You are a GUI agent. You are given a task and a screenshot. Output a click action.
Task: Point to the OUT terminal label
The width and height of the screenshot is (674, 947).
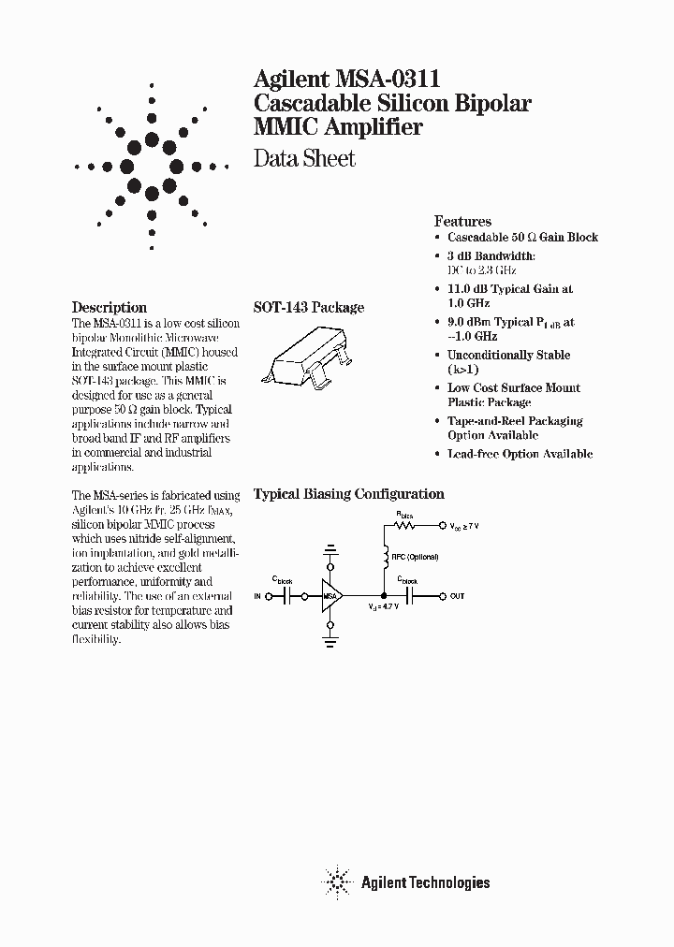[x=457, y=596]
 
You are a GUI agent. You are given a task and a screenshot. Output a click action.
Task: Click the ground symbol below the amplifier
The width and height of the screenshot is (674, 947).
[x=330, y=641]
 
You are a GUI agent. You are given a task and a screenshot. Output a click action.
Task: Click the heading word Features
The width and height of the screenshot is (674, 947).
[x=462, y=222]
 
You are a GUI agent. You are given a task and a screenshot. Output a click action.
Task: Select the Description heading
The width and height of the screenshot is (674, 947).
[x=110, y=307]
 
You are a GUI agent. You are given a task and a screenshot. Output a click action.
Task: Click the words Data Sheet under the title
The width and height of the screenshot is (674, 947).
[x=304, y=159]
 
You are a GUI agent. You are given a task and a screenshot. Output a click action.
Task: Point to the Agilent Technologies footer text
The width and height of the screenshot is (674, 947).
[x=425, y=881]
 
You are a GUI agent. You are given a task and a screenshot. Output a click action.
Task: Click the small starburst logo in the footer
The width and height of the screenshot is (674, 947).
[x=334, y=881]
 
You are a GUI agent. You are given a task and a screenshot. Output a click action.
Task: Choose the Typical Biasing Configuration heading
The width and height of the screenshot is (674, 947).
[x=349, y=494]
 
